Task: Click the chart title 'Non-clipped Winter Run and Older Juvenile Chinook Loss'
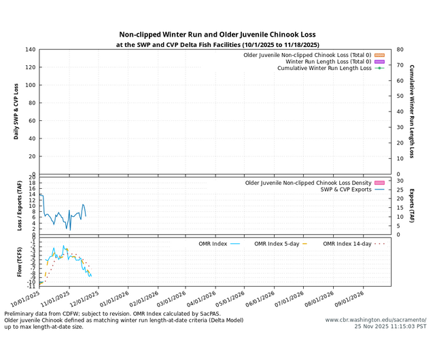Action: [217, 35]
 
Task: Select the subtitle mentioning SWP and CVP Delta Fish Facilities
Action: [217, 45]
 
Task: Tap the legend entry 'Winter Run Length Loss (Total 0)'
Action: [315, 61]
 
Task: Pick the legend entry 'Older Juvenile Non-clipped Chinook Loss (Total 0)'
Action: [308, 54]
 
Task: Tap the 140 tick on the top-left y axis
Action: [31, 50]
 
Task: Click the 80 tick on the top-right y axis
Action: [400, 50]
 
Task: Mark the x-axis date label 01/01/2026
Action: [116, 298]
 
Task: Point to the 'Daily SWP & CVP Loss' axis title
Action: [16, 111]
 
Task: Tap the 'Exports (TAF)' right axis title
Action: [412, 205]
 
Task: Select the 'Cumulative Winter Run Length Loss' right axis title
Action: [412, 111]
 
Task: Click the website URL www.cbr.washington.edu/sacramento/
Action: [375, 319]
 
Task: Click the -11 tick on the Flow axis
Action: [31, 286]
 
